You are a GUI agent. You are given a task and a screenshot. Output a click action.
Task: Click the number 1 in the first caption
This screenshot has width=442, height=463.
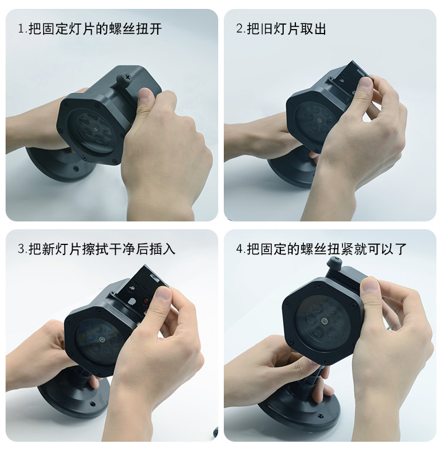coord(21,29)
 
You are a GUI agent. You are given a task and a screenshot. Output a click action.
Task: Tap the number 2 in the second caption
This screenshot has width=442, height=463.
coord(239,29)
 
